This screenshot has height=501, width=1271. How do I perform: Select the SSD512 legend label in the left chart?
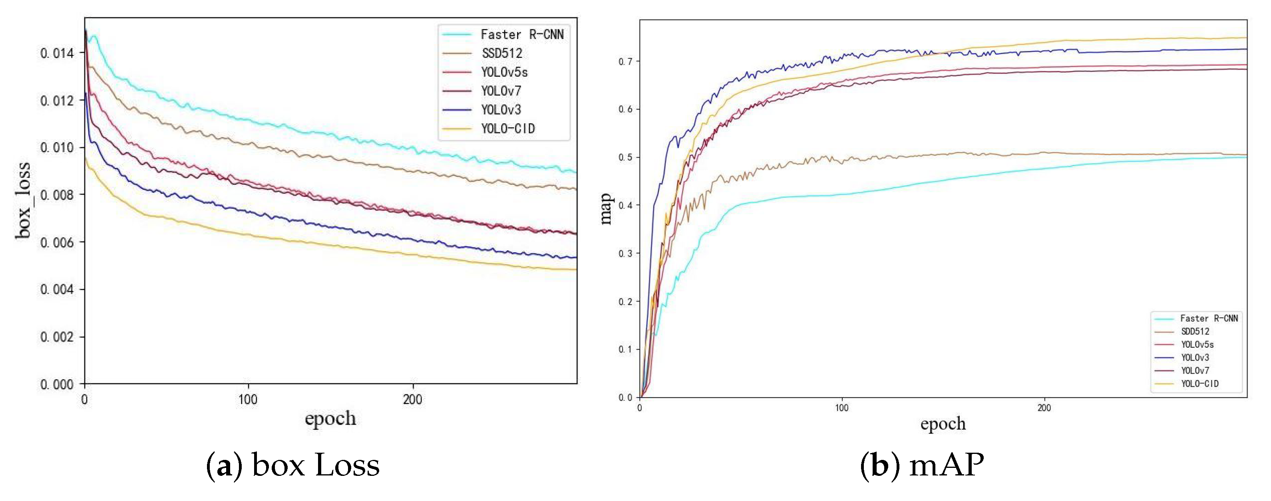502,53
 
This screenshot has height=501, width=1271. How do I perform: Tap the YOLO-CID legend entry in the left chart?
508,129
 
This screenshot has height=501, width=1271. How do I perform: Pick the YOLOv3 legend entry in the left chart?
501,110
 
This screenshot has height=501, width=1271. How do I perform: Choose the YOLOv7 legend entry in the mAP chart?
1195,370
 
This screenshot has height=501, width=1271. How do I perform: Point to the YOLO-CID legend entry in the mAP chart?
1199,384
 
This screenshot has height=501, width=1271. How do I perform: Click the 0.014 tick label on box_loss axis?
57,53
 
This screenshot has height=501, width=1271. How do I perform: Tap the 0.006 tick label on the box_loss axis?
57,242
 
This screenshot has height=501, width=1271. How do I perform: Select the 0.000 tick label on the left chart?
57,384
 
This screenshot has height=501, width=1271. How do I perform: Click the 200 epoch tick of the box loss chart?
412,400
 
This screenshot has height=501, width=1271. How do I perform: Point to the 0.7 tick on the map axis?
626,61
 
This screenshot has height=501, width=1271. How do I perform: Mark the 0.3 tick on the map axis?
626,253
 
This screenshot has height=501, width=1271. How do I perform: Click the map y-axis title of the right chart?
606,209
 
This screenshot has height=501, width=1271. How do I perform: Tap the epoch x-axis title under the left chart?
330,418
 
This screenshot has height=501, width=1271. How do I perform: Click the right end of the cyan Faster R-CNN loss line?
575,172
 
